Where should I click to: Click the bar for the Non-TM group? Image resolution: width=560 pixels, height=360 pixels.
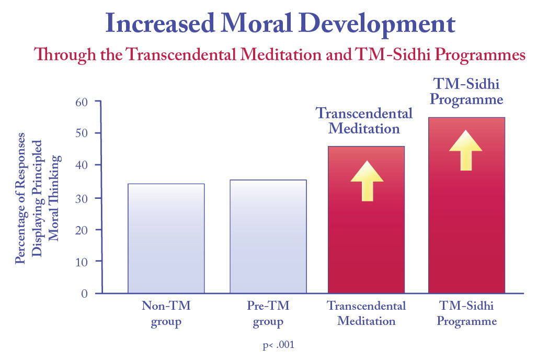tap(166, 238)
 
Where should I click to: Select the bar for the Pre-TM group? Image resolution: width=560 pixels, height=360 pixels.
tap(268, 236)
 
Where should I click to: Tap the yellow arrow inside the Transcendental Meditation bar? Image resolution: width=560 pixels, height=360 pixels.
tap(367, 181)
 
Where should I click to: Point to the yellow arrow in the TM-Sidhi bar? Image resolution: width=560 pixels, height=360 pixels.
tap(465, 150)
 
